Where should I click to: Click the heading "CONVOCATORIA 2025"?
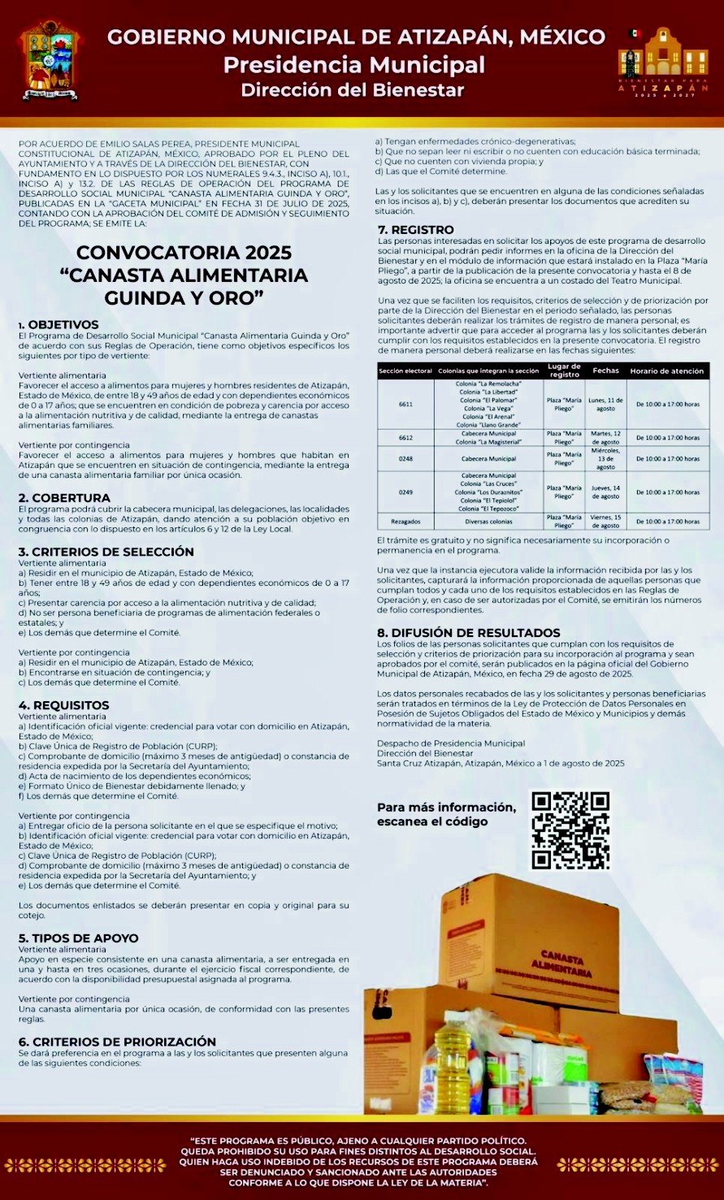(x=184, y=252)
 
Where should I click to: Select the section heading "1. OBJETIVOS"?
(x=59, y=325)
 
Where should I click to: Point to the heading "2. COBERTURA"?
(x=64, y=498)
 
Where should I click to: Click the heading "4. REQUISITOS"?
(x=63, y=705)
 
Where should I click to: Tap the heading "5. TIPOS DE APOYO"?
(x=78, y=938)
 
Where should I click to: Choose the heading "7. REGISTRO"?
(x=415, y=230)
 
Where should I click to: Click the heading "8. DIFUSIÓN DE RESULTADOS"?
(x=468, y=633)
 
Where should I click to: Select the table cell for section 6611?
(x=405, y=404)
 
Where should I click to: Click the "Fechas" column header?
(x=605, y=370)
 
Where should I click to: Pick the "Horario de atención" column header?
(x=669, y=370)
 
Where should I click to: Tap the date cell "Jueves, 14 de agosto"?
(x=605, y=492)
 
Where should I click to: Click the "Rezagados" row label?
(x=405, y=521)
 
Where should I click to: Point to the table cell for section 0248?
(x=405, y=459)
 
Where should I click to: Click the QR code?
(x=570, y=830)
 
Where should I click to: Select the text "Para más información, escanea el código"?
(x=446, y=814)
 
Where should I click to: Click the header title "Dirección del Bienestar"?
(x=353, y=90)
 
